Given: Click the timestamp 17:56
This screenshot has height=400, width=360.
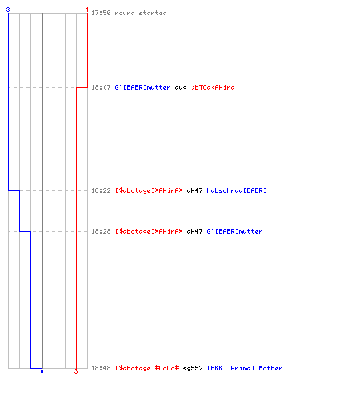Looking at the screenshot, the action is pos(101,13).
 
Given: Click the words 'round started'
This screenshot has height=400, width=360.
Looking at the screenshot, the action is pos(141,13).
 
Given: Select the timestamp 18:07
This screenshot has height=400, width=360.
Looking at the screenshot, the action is pos(101,87).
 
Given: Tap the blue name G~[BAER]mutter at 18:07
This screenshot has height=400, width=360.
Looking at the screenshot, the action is pos(142,87).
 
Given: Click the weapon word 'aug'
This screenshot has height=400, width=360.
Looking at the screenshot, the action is pos(181,88).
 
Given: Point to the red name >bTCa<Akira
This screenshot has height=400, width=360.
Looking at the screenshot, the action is pos(213,87).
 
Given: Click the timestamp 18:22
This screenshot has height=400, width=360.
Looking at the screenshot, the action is pos(101,190).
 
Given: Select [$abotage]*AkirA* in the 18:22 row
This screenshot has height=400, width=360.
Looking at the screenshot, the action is pos(149,190).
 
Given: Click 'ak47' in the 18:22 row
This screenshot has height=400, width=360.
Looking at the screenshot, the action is pos(194,190).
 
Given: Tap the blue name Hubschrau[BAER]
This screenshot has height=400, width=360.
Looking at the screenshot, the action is pos(237,190).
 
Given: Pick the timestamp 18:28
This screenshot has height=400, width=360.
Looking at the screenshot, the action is pos(101,231).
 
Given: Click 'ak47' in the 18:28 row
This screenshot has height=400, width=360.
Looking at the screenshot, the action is pos(194,231).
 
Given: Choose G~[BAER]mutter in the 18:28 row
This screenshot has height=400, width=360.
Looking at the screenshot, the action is pos(234,231).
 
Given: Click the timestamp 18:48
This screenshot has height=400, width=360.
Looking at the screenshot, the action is pos(101,368).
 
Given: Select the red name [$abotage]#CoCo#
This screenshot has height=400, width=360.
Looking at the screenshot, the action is pos(147,368).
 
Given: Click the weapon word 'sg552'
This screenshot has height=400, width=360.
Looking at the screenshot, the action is pos(193,368).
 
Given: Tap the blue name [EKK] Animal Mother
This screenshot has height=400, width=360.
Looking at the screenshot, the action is pos(245,368).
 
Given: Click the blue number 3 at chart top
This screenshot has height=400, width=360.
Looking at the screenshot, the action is pos(8,10).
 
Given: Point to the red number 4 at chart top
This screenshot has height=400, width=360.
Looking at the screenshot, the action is pos(87,10).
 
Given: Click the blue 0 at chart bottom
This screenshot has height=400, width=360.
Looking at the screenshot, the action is pos(42,371).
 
